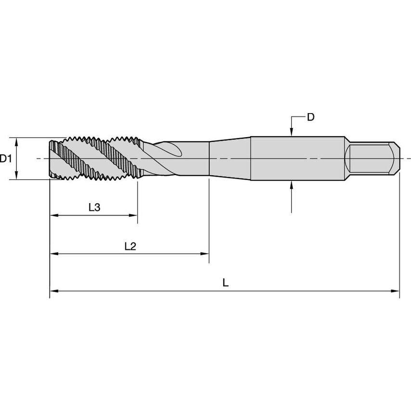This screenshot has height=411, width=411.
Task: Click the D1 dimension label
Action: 6,158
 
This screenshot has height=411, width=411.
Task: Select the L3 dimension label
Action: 94,207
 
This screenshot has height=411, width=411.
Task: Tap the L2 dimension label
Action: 130,246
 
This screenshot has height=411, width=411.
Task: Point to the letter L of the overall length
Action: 225,283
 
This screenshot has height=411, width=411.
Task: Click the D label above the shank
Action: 311,117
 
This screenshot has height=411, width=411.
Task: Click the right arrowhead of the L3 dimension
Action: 134,216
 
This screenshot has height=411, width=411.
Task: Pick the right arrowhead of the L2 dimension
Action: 205,253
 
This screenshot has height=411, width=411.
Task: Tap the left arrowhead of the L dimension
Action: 53,291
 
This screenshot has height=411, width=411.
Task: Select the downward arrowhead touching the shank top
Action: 292,133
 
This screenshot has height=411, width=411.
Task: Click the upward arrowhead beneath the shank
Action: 292,185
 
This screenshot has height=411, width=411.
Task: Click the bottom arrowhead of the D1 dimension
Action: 17,176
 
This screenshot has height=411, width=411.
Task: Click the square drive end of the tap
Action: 373,158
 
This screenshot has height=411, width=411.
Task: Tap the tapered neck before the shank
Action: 230,158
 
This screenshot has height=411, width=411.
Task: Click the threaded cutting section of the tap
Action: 94,158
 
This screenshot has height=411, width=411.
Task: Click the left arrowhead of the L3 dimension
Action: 53,216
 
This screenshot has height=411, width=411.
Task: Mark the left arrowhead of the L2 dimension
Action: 53,253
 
